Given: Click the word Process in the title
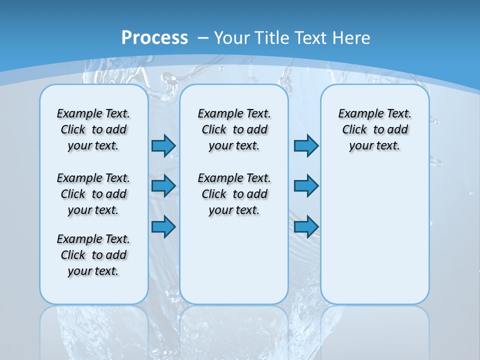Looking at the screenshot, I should coord(154,37).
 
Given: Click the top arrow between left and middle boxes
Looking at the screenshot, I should coord(163,145).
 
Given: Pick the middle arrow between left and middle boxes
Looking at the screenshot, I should coord(163,186).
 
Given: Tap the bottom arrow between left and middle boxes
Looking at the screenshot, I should coord(163,226).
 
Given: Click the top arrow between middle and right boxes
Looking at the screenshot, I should coord(306,145).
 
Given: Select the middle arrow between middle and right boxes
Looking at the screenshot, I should coord(306,186).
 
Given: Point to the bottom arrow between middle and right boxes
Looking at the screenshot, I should coord(306,226).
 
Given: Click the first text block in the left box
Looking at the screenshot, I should coord(93,129).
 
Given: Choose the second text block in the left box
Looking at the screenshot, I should coord(93,194).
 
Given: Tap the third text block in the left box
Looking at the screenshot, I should coord(93,255).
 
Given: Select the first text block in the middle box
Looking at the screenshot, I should coord(234,129).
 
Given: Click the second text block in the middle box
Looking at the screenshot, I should coord(234,194).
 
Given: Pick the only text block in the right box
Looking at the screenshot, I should coord(375,129).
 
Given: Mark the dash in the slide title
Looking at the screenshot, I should coord(203,38).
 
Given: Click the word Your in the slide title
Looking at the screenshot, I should coord(232,38).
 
